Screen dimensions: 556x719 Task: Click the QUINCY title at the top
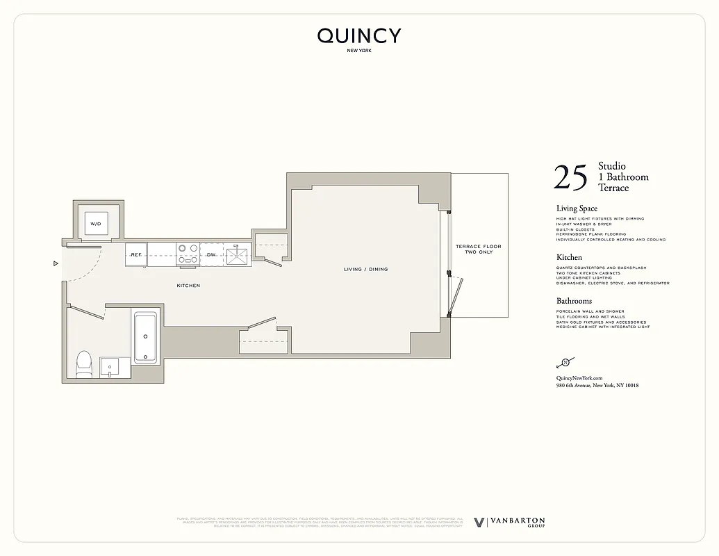359,36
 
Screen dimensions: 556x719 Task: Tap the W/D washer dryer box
96,223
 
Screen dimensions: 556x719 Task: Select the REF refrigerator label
136,255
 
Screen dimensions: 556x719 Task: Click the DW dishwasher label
211,255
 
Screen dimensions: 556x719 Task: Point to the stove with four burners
188,251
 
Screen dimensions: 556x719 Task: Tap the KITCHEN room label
188,286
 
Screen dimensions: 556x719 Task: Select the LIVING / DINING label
366,269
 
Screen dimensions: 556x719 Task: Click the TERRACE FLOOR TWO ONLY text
478,250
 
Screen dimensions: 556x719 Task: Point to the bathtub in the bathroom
146,338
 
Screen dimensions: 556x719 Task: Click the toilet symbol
83,363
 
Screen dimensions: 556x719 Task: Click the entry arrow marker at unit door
55,263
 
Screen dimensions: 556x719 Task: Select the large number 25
570,178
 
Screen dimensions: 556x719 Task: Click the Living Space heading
577,208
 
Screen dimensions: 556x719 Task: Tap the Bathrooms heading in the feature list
574,301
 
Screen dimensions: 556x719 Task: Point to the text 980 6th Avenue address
597,385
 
